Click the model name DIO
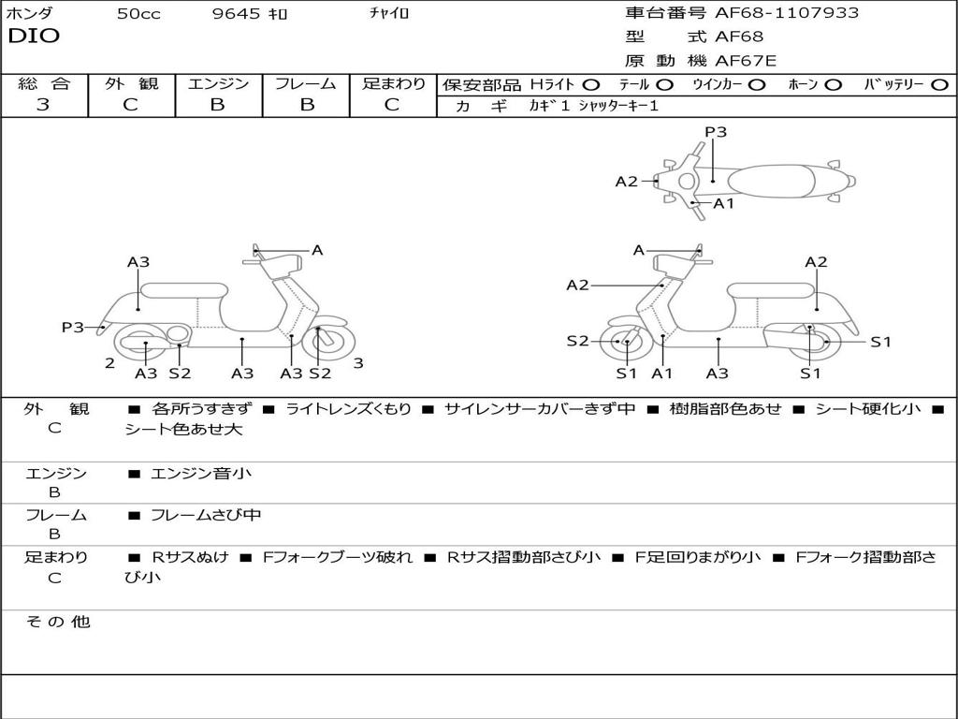click(34, 37)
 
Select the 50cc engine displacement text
click(138, 14)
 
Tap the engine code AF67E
click(746, 62)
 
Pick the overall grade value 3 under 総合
click(43, 105)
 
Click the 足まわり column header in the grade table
click(393, 84)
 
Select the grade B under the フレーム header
click(306, 105)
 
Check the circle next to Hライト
click(590, 84)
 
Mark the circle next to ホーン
click(834, 84)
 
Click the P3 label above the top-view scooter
click(716, 132)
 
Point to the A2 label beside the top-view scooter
click(626, 182)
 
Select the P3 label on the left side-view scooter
click(73, 327)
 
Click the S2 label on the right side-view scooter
click(577, 342)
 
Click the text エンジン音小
click(200, 474)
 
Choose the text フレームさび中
click(206, 515)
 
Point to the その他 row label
click(57, 622)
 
